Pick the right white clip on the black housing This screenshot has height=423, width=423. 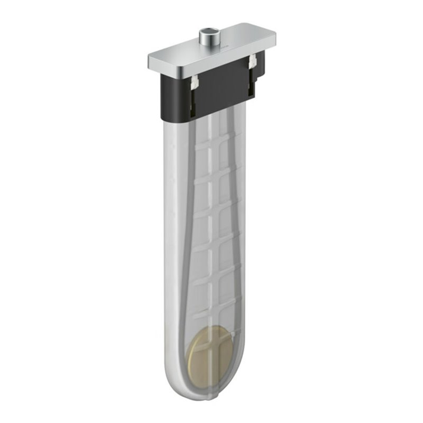click(x=252, y=61)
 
